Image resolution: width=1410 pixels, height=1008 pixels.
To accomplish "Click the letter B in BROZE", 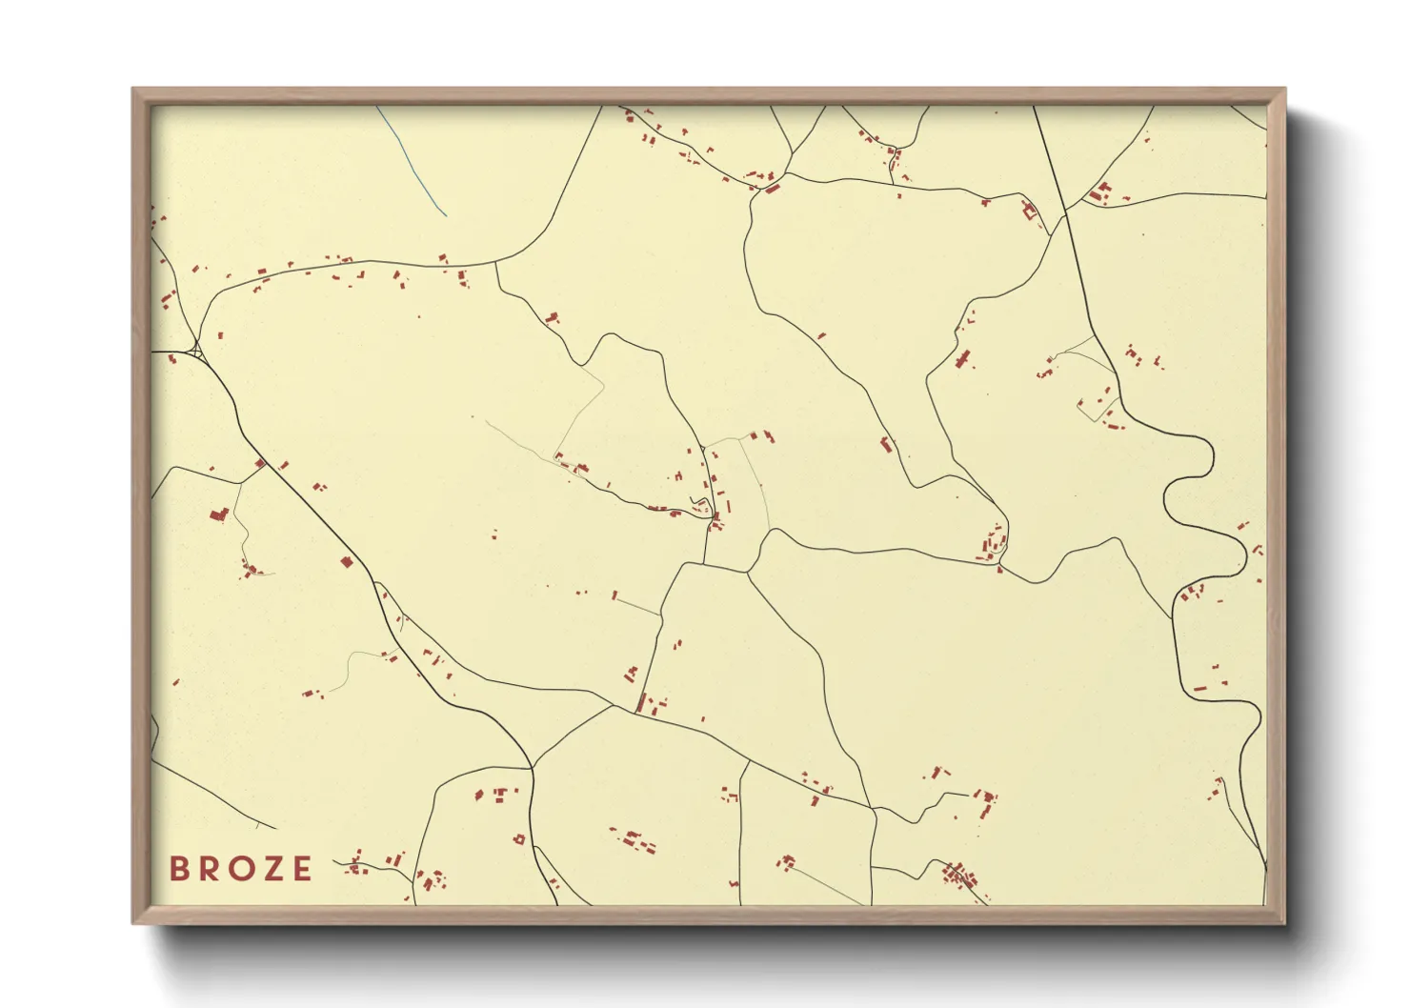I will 178,868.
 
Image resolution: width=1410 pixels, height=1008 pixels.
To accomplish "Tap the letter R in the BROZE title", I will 209,868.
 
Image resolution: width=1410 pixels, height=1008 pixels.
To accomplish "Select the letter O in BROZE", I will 241,868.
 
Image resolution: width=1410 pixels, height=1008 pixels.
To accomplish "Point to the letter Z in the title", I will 272,868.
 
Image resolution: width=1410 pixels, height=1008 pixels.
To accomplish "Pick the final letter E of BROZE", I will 302,868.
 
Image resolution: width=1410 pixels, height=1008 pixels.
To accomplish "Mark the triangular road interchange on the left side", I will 196,352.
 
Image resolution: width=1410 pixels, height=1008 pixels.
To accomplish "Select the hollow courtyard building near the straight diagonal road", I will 1029,211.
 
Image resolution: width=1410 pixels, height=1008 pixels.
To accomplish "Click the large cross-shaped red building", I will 963,359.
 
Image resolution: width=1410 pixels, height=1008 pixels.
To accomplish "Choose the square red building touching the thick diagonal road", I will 347,562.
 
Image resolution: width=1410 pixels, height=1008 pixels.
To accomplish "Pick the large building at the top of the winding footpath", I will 219,514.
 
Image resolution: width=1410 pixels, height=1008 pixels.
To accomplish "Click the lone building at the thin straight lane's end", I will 614,596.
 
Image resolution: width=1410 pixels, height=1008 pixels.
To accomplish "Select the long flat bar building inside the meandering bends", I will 1201,687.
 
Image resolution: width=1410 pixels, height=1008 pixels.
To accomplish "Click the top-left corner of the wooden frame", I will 133,90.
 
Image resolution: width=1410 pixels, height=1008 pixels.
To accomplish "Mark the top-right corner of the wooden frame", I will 1284,90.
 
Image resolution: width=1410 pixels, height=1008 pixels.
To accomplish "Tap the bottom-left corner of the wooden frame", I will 133,922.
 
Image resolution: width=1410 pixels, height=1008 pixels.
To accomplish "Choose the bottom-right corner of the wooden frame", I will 1284,922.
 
